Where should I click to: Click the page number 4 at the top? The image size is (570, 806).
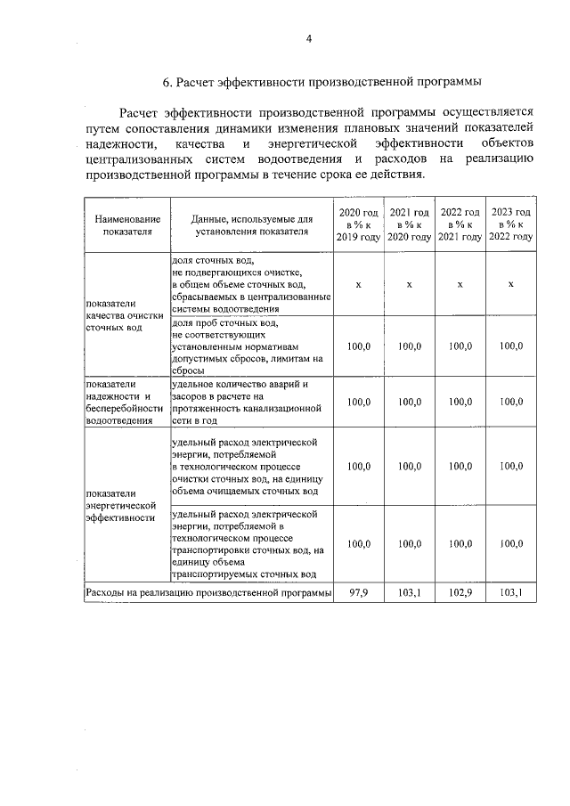pos(309,38)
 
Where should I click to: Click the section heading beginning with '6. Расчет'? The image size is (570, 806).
pos(322,83)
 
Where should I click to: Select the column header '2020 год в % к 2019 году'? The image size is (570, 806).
pos(358,224)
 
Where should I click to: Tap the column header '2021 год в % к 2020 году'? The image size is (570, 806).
pos(409,224)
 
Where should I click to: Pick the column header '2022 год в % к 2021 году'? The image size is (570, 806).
pos(460,224)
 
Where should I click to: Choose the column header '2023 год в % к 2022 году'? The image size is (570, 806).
pos(511,224)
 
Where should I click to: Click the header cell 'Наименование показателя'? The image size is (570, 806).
pos(125,224)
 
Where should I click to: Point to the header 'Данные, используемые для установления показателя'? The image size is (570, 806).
pos(250,224)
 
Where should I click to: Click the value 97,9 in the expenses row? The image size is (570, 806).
pos(358,591)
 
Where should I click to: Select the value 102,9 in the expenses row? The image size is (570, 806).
pos(460,591)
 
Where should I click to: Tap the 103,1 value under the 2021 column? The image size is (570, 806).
pos(409,591)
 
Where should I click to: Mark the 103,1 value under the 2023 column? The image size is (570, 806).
pos(511,591)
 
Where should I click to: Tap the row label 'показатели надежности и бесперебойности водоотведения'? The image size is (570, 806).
pos(125,403)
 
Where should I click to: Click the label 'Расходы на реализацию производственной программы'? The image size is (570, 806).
pos(208,591)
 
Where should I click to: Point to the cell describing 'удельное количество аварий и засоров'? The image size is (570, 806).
pos(250,403)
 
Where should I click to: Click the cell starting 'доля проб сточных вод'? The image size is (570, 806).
pos(250,346)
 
